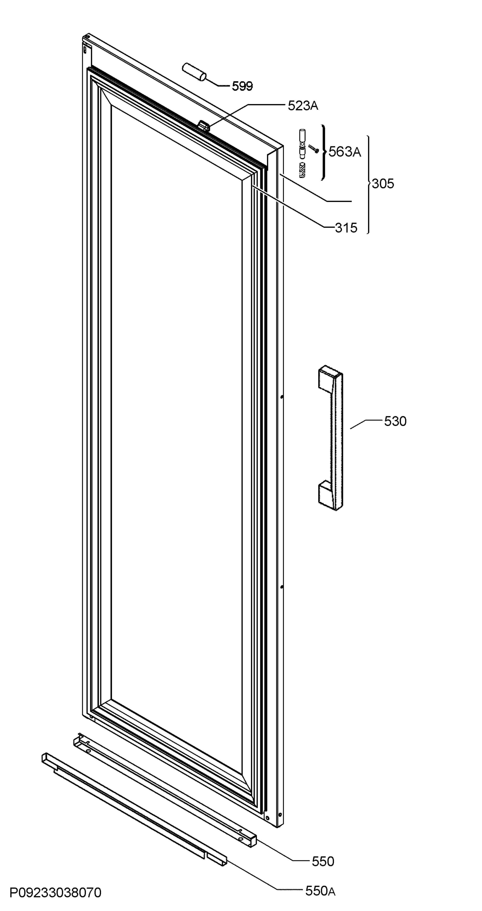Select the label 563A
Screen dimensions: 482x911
[345, 152]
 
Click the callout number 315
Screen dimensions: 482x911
[346, 228]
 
